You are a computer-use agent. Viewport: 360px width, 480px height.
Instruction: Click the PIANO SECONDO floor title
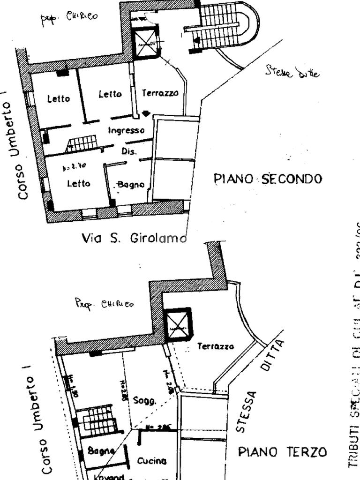[268, 179]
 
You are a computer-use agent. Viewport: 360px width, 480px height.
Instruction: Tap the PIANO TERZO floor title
[282, 452]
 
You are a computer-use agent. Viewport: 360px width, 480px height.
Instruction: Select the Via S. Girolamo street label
[135, 238]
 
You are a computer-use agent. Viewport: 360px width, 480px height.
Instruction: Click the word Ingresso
[126, 130]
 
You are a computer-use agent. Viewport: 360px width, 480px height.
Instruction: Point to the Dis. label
[129, 151]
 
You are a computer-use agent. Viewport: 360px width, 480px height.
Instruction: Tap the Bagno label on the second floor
[131, 185]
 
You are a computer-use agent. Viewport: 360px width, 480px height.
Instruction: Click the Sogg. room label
[144, 400]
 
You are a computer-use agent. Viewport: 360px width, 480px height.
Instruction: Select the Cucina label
[151, 461]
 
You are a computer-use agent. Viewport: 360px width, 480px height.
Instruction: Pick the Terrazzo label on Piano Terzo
[215, 346]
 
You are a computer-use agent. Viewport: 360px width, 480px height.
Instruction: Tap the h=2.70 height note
[74, 167]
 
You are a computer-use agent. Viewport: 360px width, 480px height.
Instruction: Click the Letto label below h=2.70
[78, 184]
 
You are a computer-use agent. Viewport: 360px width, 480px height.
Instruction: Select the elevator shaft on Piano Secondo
[146, 43]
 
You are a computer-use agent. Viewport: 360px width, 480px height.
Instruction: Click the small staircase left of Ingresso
[83, 143]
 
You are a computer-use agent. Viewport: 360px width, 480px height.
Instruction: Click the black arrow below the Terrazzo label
[146, 113]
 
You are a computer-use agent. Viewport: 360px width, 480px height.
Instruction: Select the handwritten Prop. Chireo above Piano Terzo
[104, 303]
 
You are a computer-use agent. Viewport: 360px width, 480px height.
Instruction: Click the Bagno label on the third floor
[101, 451]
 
